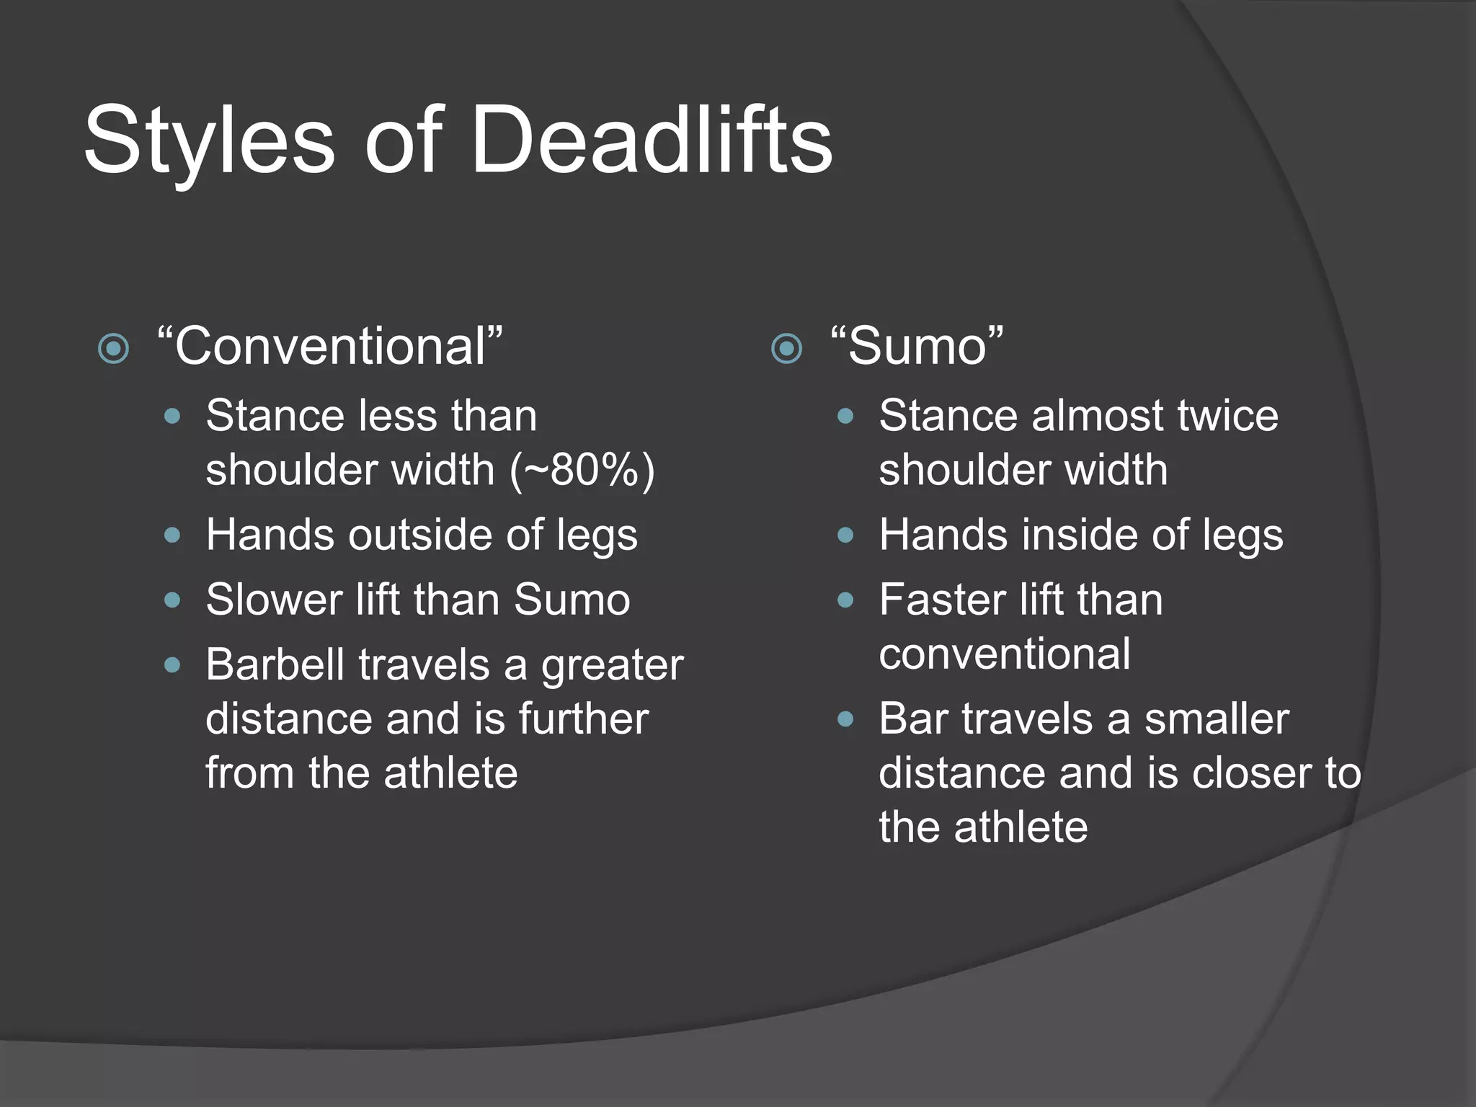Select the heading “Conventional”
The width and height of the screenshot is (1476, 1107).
tap(329, 347)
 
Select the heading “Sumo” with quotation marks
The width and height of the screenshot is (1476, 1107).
tap(916, 347)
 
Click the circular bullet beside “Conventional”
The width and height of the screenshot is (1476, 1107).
tap(113, 349)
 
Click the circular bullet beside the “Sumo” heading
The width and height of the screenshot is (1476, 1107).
tap(786, 349)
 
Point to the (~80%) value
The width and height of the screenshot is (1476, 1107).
tap(582, 471)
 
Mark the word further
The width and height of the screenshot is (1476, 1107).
tap(583, 719)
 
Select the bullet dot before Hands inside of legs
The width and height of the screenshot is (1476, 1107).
tap(845, 535)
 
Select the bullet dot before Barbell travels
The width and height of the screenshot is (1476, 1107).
tap(172, 664)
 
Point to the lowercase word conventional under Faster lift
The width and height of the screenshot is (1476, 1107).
tap(1004, 655)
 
